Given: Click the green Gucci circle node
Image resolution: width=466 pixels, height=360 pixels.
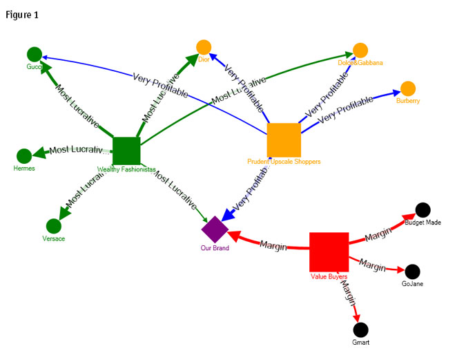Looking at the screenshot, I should coord(35,54).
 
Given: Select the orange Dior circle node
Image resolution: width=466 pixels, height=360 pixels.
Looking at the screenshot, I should coord(203,47).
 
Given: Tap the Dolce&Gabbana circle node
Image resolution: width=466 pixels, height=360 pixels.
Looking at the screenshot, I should coord(360,50).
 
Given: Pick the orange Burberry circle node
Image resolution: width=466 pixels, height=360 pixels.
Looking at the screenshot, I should coord(408,88).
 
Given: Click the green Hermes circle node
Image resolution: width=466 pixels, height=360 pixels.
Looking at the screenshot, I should coord(24,156).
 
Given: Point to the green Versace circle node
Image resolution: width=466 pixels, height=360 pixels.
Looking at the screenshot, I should coord(53,226).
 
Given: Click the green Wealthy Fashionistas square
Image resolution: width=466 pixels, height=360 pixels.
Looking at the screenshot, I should coord(126,151).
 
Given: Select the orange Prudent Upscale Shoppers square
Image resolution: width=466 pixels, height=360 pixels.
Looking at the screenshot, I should coord(284,140).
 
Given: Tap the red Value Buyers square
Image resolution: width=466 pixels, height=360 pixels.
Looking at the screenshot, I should coord(329,252).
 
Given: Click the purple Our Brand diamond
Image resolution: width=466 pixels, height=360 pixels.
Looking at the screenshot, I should coord(215,229).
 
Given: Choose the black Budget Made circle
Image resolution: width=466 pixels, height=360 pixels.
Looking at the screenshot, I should coord(423,210).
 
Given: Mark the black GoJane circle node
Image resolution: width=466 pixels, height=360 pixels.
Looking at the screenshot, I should coord(412,271).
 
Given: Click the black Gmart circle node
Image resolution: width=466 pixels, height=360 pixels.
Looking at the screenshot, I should coord(360,330).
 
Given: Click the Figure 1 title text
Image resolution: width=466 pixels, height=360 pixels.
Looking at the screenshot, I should coord(21,15).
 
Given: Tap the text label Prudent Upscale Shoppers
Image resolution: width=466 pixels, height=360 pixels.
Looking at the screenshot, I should coord(284,162).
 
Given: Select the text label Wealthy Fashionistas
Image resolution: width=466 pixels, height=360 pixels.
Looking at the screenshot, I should coord(126,169).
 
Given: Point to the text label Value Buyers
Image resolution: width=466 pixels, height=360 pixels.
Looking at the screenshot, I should coord(329,276).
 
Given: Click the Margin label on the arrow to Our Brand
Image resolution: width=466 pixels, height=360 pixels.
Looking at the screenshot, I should coord(273,245).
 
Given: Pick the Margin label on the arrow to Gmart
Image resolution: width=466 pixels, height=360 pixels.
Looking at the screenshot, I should coord(349,294).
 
